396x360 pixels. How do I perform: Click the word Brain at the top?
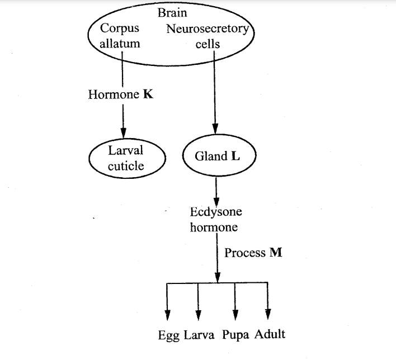click(172, 12)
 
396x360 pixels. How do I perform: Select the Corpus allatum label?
click(120, 35)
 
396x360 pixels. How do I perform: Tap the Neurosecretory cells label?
click(208, 36)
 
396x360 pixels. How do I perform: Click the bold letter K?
click(148, 94)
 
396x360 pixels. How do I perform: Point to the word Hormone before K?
click(113, 94)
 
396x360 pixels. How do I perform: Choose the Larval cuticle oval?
click(126, 158)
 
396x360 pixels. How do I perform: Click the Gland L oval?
click(218, 157)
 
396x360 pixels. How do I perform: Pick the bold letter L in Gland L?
click(235, 157)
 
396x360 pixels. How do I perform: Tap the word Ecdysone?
click(216, 212)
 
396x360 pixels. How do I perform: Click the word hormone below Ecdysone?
click(214, 227)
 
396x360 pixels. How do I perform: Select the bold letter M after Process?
click(276, 253)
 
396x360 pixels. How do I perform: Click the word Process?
click(245, 253)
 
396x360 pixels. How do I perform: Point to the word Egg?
click(168, 335)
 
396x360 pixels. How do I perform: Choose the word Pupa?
click(235, 335)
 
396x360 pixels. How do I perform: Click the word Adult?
click(270, 335)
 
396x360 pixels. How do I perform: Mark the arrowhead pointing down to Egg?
click(167, 314)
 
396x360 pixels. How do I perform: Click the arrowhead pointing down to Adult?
click(268, 312)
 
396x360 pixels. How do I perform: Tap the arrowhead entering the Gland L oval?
click(214, 128)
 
